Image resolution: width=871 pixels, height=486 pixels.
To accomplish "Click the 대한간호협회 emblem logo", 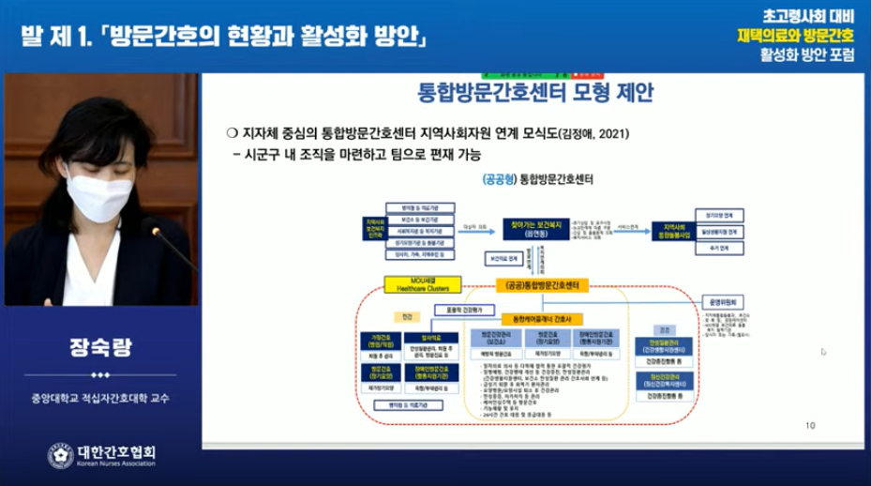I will [x=60, y=455].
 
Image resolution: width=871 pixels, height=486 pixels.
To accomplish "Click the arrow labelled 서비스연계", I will [x=641, y=226].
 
